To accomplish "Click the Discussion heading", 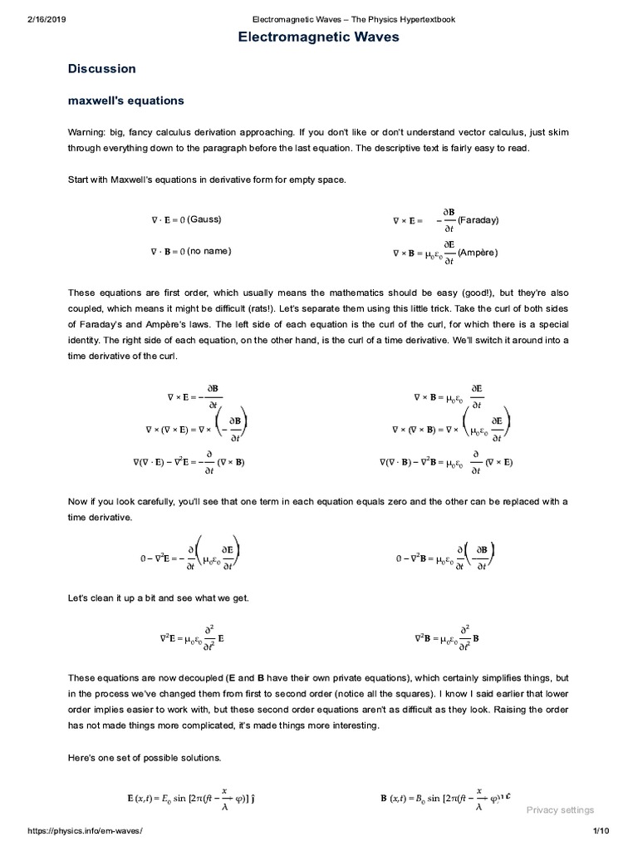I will point(101,69).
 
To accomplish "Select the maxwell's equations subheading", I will point(125,101).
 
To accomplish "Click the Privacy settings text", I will point(561,810).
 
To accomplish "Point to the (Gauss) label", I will point(204,219).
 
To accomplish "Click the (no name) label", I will point(209,251).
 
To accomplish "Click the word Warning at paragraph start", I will point(86,133).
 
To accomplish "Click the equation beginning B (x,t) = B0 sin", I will point(444,799).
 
